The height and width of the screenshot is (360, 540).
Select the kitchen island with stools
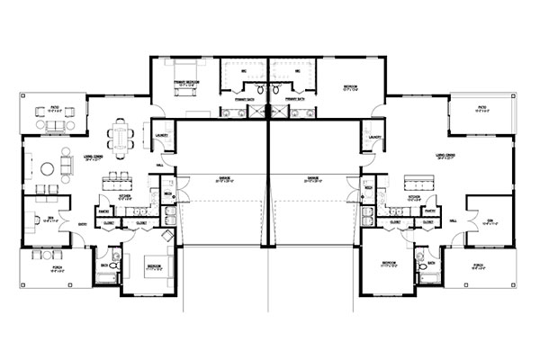coord(123,182)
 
